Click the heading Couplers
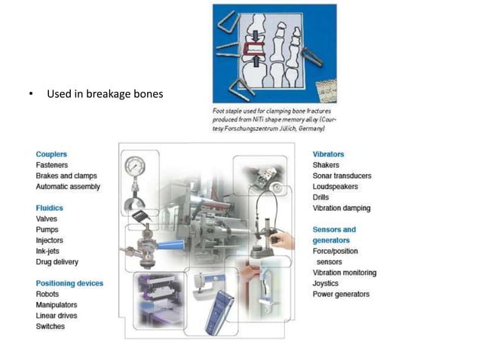pyautogui.click(x=51, y=154)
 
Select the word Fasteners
pyautogui.click(x=54, y=165)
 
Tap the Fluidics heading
pyautogui.click(x=50, y=208)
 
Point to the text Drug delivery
pyautogui.click(x=57, y=262)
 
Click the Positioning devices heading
pyautogui.click(x=69, y=283)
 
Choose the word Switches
pyautogui.click(x=51, y=326)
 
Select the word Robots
pyautogui.click(x=48, y=294)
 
